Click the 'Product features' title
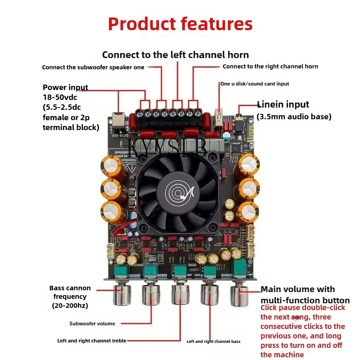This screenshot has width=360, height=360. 180,24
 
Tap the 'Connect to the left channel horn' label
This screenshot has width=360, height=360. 175,55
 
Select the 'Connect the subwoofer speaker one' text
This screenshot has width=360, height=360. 93,67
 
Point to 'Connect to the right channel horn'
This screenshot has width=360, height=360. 270,67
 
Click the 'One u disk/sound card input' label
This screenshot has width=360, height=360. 255,84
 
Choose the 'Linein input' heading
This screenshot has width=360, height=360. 283,104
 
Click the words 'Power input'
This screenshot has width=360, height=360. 65,87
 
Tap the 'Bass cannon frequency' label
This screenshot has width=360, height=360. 70,292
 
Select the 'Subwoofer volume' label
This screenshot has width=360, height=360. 92,324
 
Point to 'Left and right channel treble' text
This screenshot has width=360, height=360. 91,341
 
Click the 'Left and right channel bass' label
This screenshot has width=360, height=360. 213,342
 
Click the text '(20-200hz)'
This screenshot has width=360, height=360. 70,306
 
